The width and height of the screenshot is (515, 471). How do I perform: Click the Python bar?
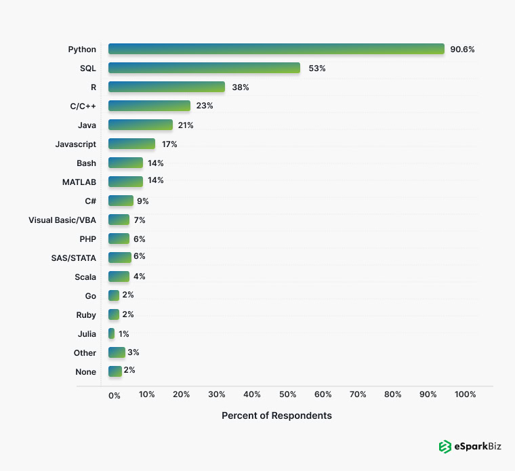tap(276, 49)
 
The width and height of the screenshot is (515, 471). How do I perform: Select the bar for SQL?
tap(204, 68)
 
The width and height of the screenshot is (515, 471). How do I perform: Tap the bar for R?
tap(166, 87)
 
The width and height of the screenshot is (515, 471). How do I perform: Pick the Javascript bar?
tap(131, 144)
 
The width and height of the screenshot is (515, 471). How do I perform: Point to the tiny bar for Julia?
tap(111, 333)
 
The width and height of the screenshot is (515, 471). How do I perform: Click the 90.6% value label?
tap(462, 49)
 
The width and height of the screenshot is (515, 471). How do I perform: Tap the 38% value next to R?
tap(240, 87)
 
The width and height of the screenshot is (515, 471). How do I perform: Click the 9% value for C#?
tap(142, 201)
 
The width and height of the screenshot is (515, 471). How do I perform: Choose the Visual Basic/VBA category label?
tap(62, 220)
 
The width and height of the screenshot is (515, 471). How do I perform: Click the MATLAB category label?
tap(79, 182)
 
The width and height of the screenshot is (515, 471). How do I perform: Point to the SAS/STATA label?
tap(74, 258)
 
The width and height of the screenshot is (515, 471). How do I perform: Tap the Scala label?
tap(85, 277)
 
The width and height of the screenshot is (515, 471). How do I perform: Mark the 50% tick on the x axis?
tap(287, 394)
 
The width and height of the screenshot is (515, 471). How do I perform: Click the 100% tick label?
tap(466, 394)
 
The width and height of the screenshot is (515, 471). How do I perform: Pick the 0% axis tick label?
tap(114, 395)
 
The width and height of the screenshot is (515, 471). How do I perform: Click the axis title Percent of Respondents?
tap(276, 415)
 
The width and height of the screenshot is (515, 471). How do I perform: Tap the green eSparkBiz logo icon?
tap(445, 447)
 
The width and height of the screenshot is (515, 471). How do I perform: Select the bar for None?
tap(115, 371)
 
